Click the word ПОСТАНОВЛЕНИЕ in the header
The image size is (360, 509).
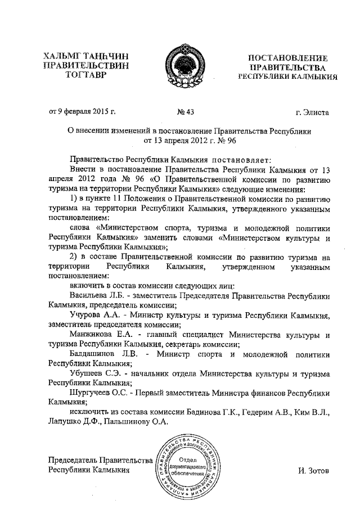point(288,57)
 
